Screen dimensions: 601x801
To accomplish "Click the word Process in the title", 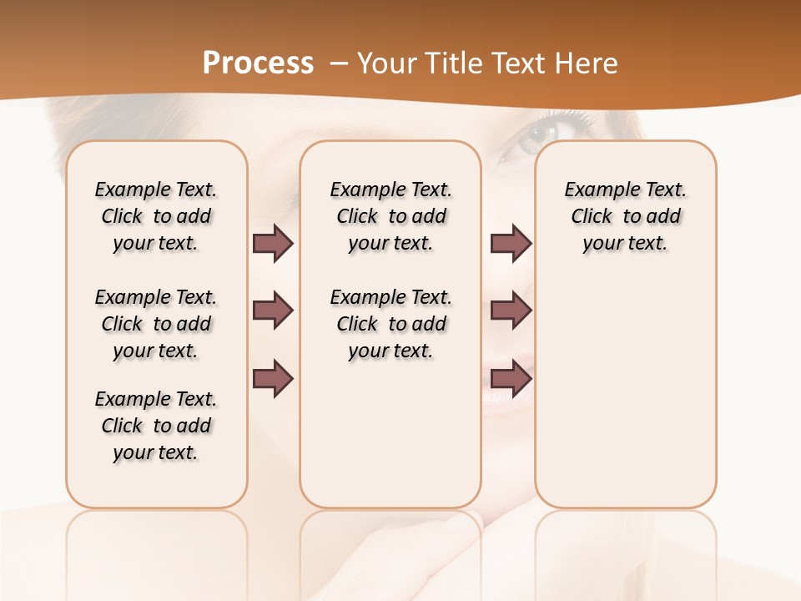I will [258, 63].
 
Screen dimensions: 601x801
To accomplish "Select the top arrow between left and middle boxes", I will [273, 244].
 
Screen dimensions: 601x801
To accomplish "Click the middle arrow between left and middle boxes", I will [273, 311].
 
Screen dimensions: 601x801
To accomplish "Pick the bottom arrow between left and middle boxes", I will [273, 379].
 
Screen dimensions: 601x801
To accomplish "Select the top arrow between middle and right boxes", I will [511, 244].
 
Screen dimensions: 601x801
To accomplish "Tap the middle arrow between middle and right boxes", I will [511, 311].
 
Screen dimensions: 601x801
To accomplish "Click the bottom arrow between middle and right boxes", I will [511, 379].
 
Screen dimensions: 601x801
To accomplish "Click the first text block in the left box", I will [156, 216].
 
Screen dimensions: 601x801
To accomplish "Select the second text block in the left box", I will [156, 324].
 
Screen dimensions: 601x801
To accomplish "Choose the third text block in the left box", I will [156, 426].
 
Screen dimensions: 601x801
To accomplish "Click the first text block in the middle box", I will [391, 216].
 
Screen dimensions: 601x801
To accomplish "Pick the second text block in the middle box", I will [391, 324].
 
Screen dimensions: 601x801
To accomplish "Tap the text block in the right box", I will [626, 216].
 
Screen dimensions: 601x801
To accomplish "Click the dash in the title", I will [339, 63].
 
